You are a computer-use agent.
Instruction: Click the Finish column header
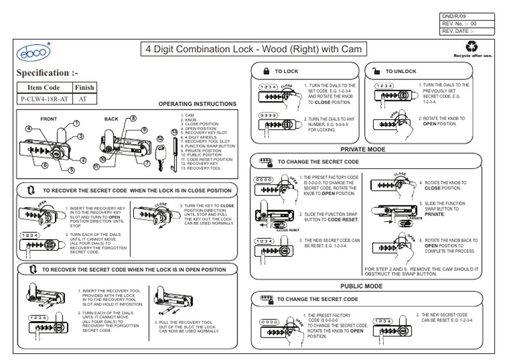pyautogui.click(x=84, y=87)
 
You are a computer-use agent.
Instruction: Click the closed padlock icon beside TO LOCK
pyautogui.click(x=265, y=70)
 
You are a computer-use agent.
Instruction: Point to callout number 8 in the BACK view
pyautogui.click(x=133, y=119)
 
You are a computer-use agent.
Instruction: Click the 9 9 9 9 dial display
pyautogui.click(x=267, y=115)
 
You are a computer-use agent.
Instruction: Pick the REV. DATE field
pyautogui.click(x=466, y=30)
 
